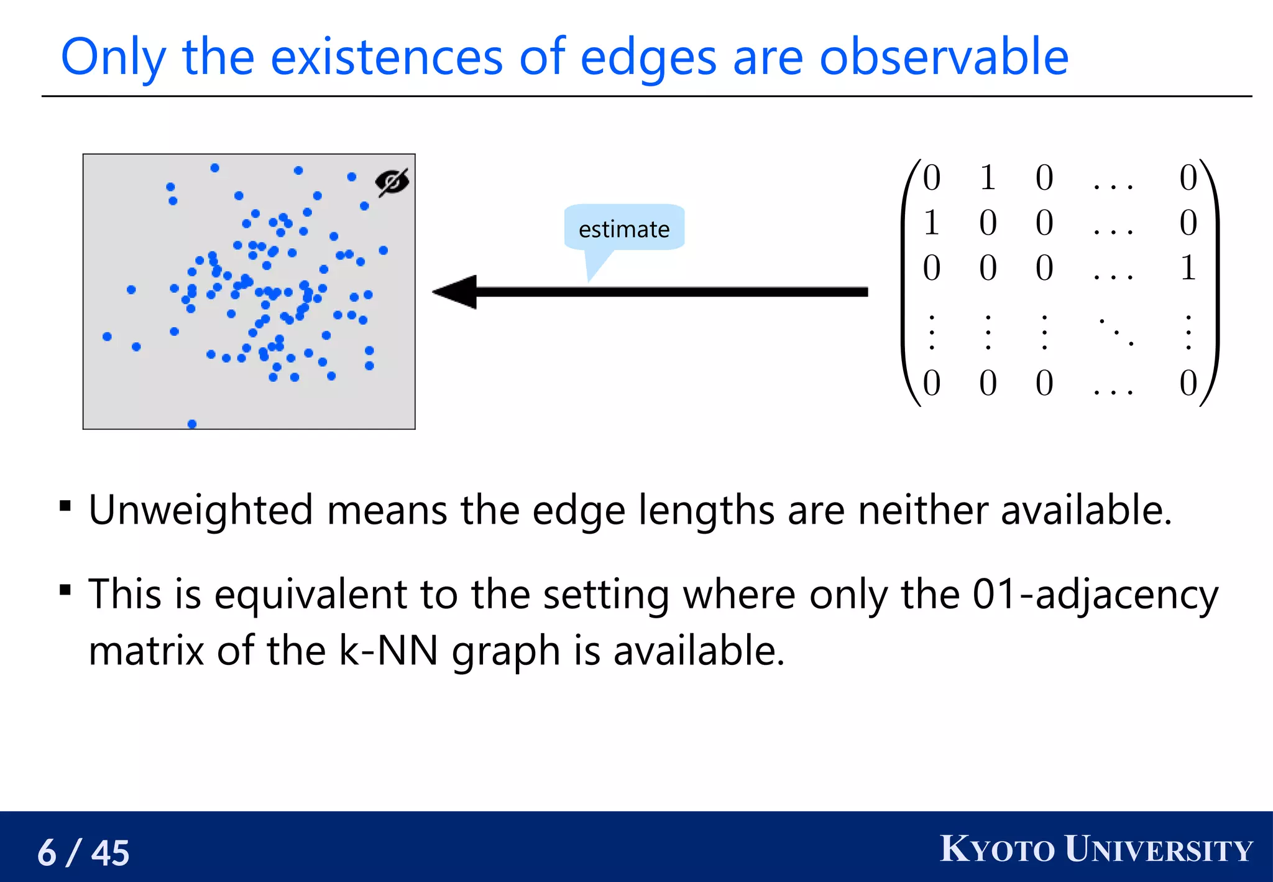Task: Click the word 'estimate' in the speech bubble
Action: (624, 230)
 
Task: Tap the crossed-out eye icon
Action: (392, 182)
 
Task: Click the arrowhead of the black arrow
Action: (456, 292)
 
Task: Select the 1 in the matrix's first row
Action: (988, 178)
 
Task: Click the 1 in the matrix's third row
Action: (1188, 268)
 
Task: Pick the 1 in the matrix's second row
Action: (931, 223)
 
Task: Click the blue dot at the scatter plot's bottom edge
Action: (192, 424)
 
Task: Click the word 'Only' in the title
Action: (113, 58)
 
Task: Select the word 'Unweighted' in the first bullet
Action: (200, 510)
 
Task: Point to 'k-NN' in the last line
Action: (388, 651)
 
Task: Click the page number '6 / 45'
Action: (83, 852)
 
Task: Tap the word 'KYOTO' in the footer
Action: (997, 850)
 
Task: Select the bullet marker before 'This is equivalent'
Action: (65, 589)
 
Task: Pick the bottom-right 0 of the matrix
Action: (1188, 383)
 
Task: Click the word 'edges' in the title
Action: (648, 58)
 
